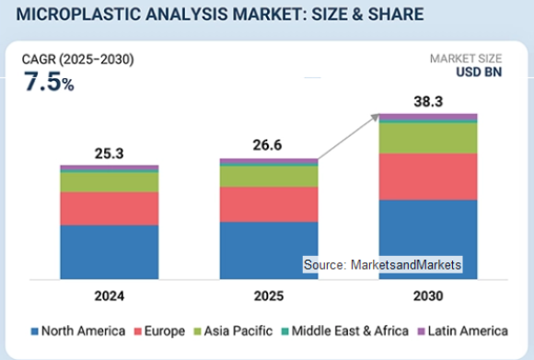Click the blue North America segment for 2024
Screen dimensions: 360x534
[109, 250]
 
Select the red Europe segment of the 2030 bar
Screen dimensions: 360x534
[428, 176]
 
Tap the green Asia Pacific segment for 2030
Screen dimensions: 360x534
[428, 137]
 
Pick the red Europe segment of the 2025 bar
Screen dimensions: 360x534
[268, 203]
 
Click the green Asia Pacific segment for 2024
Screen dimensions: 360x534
[109, 182]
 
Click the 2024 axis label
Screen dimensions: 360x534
[109, 296]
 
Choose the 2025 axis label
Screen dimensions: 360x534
[268, 296]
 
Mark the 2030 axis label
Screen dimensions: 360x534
[428, 296]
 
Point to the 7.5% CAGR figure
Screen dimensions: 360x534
[49, 82]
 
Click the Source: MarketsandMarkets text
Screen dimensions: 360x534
[382, 265]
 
